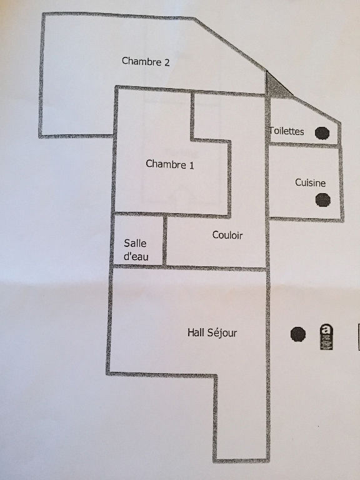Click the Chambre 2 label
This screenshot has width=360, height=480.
tap(146, 61)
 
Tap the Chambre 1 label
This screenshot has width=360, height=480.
tap(170, 164)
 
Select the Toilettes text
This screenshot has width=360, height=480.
tap(287, 131)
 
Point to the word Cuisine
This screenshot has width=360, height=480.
tap(310, 182)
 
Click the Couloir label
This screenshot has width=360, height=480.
tap(227, 235)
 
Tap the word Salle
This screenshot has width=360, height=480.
tap(135, 243)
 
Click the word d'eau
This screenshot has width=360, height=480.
tap(136, 256)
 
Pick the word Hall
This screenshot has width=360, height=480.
tap(196, 332)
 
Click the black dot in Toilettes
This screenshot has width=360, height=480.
tap(322, 133)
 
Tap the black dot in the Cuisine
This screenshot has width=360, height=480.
tap(323, 199)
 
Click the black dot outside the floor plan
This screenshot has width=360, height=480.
tap(298, 334)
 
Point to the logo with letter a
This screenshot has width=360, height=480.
tap(326, 337)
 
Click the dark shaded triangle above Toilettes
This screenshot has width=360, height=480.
tap(275, 87)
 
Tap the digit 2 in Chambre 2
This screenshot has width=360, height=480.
tap(167, 62)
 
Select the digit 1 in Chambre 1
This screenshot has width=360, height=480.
tap(192, 166)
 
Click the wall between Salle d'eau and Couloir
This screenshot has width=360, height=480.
tap(165, 240)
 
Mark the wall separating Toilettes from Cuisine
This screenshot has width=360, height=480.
tap(304, 145)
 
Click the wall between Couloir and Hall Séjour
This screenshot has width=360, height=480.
tap(189, 268)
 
